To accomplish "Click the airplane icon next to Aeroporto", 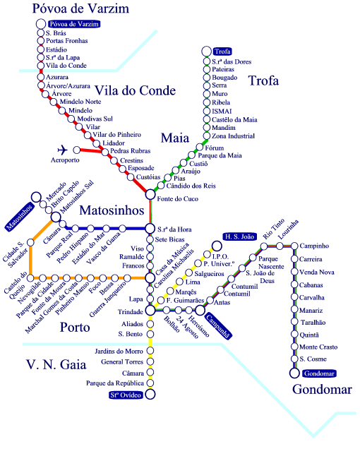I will click(62, 150).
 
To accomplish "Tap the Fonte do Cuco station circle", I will click(150, 194).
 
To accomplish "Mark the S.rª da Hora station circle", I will click(150, 229).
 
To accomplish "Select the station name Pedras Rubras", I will click(129, 152).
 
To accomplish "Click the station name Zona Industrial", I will click(232, 136).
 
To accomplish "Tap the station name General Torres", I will click(122, 361).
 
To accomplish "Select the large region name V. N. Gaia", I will click(56, 366).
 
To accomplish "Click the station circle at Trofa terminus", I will click(206, 52).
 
